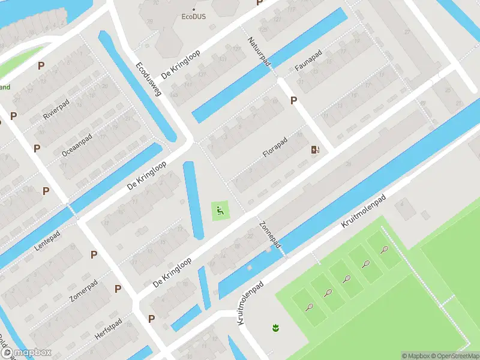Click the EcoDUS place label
tap(193, 17)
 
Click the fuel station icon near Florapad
tap(314, 149)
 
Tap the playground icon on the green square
tap(221, 210)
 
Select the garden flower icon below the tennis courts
tap(276, 328)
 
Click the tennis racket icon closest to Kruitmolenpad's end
tap(384, 250)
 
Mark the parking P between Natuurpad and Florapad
tap(293, 101)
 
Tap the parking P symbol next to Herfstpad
tap(152, 319)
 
